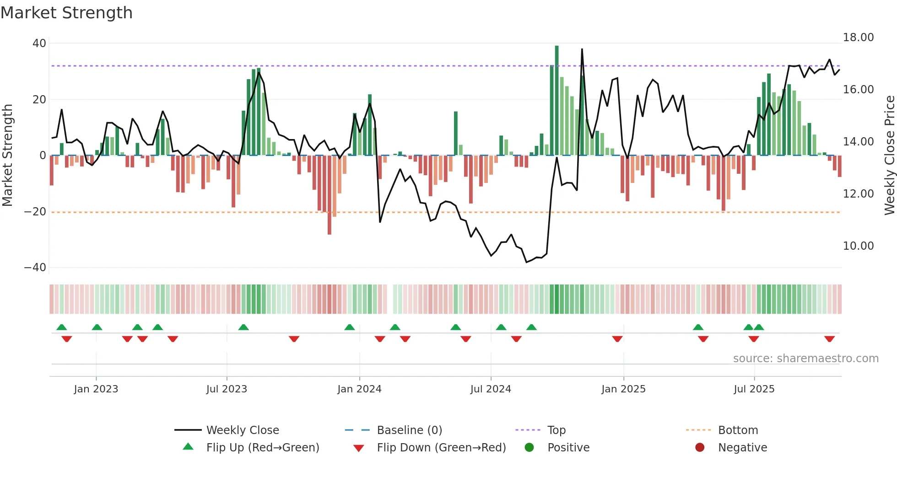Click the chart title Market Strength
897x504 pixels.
click(x=66, y=13)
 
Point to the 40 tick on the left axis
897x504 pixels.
click(x=39, y=43)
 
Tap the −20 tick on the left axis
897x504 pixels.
click(x=35, y=212)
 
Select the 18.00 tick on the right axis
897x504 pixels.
click(x=858, y=38)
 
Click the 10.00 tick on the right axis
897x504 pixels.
click(x=858, y=246)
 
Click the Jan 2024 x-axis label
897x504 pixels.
click(x=359, y=389)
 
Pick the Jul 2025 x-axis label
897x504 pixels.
click(x=754, y=389)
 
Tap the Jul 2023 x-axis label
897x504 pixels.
click(x=227, y=389)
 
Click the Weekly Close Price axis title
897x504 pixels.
click(x=889, y=155)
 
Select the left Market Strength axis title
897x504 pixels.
click(x=8, y=155)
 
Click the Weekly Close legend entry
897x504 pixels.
click(x=242, y=430)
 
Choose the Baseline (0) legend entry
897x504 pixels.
click(x=409, y=430)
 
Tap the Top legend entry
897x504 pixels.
click(x=556, y=430)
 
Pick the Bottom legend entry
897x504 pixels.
click(x=738, y=430)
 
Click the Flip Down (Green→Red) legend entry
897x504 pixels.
click(x=441, y=448)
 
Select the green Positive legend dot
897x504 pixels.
click(x=530, y=448)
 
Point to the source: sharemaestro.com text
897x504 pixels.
click(x=805, y=359)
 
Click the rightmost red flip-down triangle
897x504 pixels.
click(x=829, y=339)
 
